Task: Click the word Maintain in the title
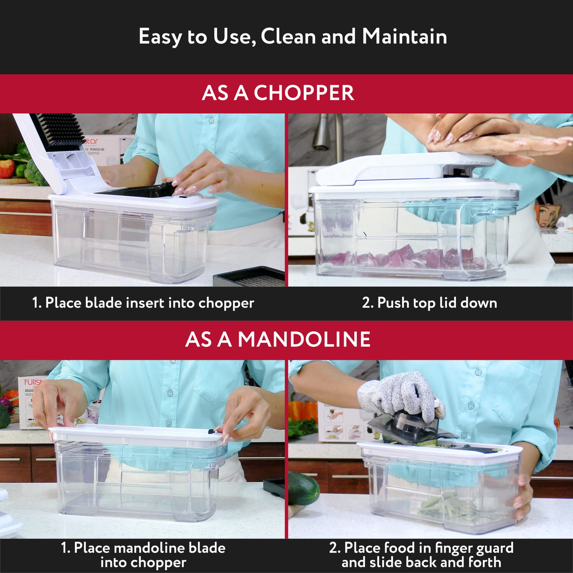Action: [x=404, y=36]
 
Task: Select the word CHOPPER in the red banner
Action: [x=304, y=93]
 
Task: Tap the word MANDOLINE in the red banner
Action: [x=304, y=339]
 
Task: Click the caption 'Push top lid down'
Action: [x=437, y=303]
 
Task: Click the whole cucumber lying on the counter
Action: [x=302, y=489]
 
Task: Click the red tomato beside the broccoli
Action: [x=7, y=169]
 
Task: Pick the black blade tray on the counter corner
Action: [x=249, y=277]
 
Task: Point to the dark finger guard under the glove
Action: [x=401, y=427]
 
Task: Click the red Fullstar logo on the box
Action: [x=33, y=382]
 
